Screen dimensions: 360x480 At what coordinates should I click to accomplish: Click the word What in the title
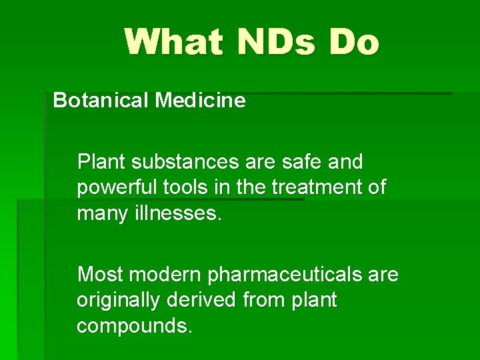(171, 42)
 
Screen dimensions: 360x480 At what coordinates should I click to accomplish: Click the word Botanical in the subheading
(101, 101)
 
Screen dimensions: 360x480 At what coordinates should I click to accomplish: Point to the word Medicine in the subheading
(201, 101)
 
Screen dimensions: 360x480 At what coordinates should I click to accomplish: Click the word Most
(101, 275)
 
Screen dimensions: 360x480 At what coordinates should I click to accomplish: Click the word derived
(203, 301)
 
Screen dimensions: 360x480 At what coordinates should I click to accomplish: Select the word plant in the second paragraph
(314, 301)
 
